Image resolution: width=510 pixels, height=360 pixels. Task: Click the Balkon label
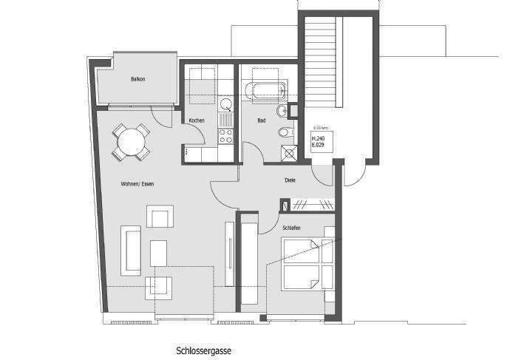(x=137, y=79)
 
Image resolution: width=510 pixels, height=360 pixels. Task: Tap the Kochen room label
(x=196, y=120)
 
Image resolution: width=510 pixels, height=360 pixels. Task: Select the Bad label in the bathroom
(x=261, y=120)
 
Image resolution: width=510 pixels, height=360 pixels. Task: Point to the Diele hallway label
(x=290, y=180)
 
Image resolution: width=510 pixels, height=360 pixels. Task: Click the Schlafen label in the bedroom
(x=290, y=228)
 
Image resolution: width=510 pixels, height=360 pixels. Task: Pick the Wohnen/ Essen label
(x=138, y=183)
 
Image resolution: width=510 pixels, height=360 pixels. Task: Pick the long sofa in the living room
(x=132, y=249)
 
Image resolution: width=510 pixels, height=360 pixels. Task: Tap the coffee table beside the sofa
(x=159, y=254)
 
